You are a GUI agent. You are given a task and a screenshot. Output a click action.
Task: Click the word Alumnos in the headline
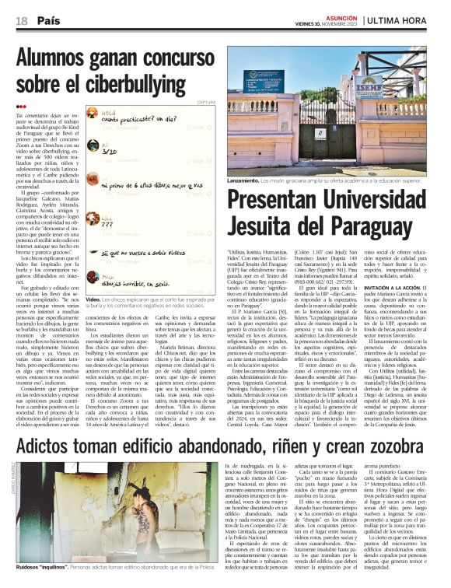click(x=54, y=57)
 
